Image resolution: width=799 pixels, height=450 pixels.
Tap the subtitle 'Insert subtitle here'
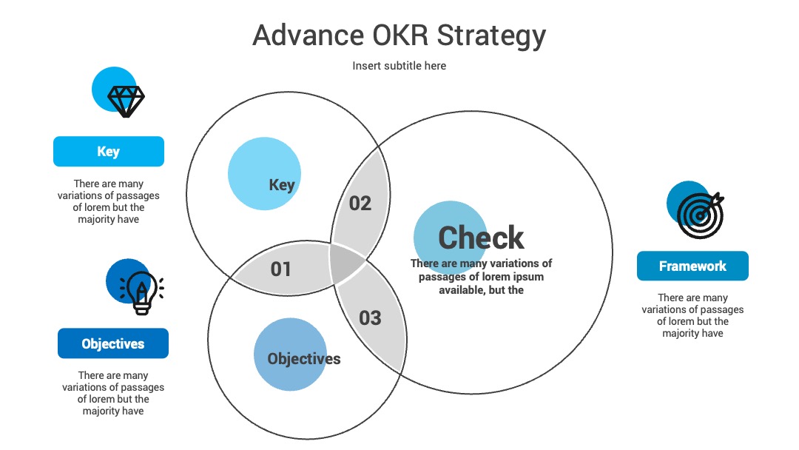coord(399,66)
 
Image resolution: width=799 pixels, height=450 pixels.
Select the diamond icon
coord(126,101)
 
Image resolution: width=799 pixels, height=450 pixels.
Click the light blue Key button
coord(109,152)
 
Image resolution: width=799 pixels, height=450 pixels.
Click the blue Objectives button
coord(113,343)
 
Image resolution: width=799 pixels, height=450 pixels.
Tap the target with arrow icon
coord(701,215)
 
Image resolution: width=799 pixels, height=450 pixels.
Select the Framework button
coord(692,266)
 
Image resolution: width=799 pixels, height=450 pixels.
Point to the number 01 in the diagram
coord(281,269)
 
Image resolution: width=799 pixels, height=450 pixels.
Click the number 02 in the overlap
coord(360,204)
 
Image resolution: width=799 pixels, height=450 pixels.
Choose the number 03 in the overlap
coord(370,318)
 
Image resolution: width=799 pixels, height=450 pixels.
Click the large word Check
coord(481,238)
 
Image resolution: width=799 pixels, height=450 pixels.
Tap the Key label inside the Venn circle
coord(282,184)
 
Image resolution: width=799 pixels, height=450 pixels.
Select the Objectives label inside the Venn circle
coord(304,359)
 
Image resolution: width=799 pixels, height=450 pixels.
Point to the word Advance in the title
coord(309,36)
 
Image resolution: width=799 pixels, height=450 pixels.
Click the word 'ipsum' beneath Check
coord(527,278)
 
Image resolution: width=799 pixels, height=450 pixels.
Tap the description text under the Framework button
coord(692,315)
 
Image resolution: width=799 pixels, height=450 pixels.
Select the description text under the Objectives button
coord(113,393)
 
